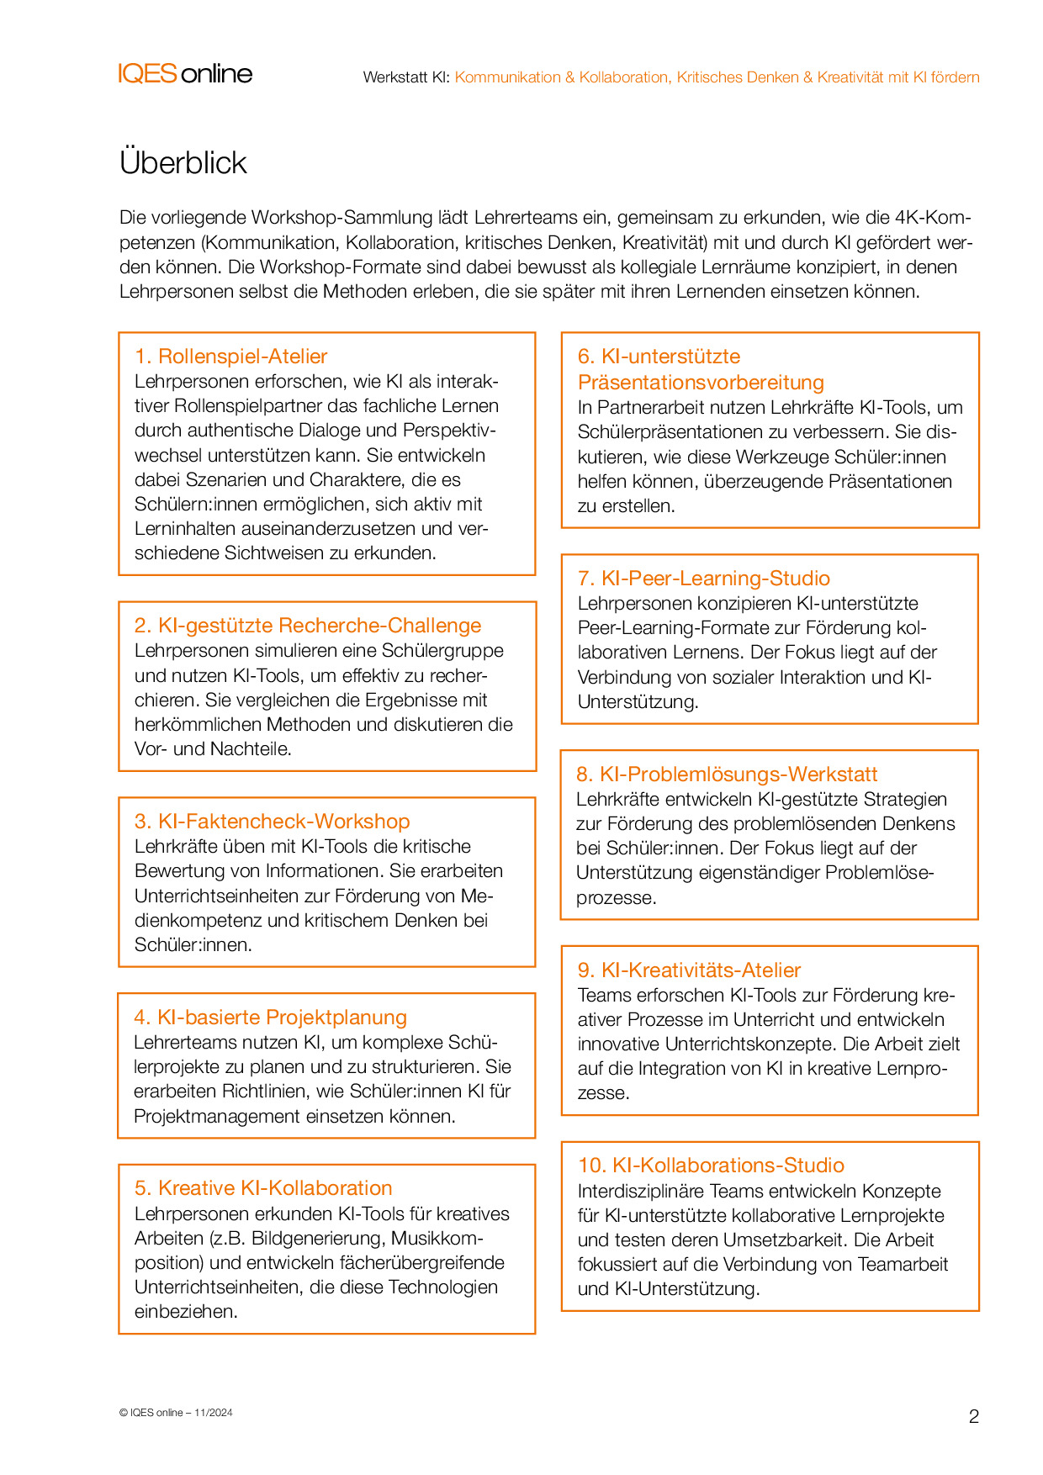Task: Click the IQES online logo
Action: pos(185,74)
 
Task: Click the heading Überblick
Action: pos(183,162)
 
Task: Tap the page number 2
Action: pos(974,1416)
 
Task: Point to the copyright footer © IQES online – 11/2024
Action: pos(176,1413)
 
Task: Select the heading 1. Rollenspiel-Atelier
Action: pos(230,357)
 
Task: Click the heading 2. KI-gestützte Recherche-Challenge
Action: pos(308,626)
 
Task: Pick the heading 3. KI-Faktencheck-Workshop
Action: pos(272,822)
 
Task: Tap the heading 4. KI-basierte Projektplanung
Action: pos(270,1018)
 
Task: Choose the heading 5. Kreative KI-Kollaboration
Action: pos(263,1188)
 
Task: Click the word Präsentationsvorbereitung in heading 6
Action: pos(701,383)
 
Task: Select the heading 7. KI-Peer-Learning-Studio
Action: pos(703,579)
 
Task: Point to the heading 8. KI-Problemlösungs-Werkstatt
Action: pos(726,775)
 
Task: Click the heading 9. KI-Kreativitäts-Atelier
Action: pos(689,970)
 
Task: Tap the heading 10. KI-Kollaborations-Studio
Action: pos(711,1166)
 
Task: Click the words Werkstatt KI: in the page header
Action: pos(406,77)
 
